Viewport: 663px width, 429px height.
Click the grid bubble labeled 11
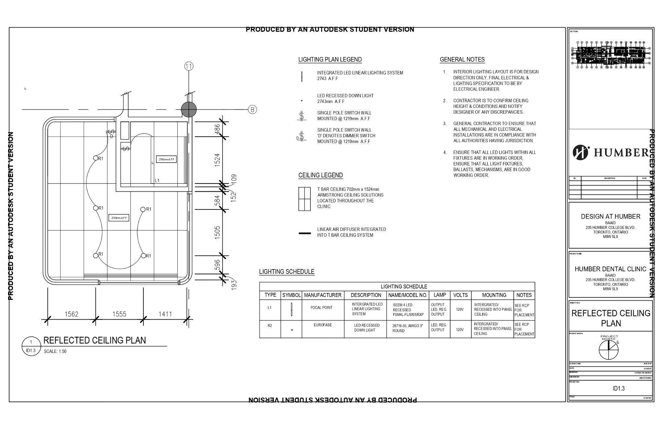[189, 66]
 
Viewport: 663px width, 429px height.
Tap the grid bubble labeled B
[253, 109]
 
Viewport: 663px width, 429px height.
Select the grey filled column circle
[188, 109]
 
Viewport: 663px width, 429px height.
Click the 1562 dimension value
[71, 314]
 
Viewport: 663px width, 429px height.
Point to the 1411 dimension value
[165, 314]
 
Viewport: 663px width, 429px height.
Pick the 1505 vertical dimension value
[217, 232]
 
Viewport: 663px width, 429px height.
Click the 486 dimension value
[217, 128]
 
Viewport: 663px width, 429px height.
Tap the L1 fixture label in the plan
[157, 180]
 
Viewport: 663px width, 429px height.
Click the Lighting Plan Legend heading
[330, 60]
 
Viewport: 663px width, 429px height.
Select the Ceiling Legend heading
[320, 175]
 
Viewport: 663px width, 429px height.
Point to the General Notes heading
[462, 60]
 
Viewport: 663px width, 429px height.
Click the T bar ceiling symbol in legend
[304, 199]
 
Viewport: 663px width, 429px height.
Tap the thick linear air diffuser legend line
[304, 233]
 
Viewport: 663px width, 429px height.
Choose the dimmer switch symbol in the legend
[301, 136]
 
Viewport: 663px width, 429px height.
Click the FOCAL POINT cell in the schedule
[321, 308]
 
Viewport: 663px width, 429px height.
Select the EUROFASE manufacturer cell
[322, 325]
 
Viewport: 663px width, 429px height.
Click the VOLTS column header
[460, 295]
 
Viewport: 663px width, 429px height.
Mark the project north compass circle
[608, 350]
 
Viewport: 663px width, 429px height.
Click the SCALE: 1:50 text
[55, 351]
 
